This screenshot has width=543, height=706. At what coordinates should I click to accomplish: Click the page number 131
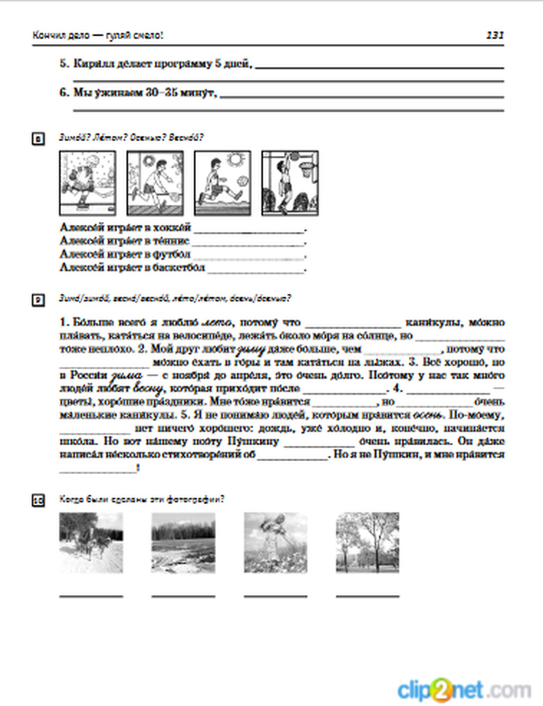[495, 35]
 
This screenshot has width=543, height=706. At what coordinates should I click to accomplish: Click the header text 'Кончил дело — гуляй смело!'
[98, 36]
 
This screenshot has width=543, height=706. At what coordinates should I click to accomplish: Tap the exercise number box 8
[38, 140]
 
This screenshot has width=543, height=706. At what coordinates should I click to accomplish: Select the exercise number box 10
[38, 500]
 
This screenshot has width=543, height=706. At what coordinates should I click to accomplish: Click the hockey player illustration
[87, 183]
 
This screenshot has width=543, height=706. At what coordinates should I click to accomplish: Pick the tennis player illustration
[155, 183]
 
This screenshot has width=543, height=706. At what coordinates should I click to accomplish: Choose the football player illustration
[223, 183]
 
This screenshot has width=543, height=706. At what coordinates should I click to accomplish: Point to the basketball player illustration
[290, 183]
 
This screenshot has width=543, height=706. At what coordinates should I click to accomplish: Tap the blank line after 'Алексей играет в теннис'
[249, 243]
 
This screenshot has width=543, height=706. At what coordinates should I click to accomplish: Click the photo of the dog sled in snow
[91, 543]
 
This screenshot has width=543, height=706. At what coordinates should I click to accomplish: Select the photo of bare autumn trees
[368, 543]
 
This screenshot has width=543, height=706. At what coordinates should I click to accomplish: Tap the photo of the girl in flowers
[275, 543]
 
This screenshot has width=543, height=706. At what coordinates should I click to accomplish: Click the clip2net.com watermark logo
[464, 690]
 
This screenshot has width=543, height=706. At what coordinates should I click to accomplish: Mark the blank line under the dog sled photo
[91, 596]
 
